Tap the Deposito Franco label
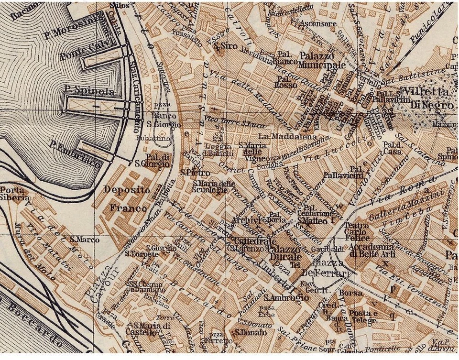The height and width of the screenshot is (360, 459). point(128,198)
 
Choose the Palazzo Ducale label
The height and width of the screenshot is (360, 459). point(277,254)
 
